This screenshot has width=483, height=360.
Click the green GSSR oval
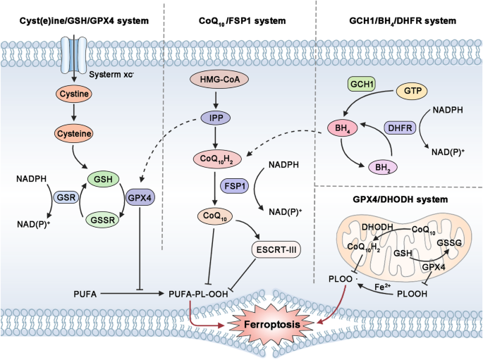coord(104,220)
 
